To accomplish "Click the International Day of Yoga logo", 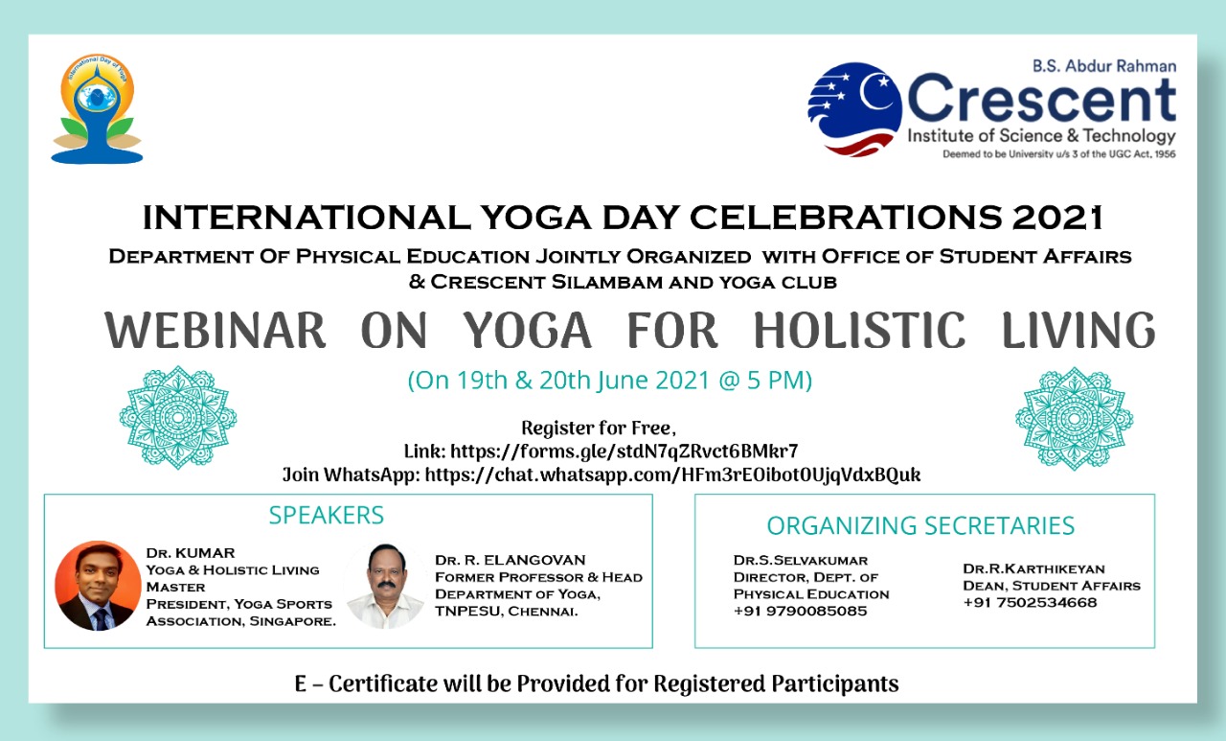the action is (97, 109).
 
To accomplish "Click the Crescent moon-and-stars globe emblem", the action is (854, 109).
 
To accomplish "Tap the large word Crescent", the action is (1041, 99).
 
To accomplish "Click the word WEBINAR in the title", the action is (216, 330).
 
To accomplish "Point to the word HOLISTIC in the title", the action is (859, 330).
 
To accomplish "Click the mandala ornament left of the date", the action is (178, 417).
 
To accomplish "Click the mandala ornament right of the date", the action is (1074, 418).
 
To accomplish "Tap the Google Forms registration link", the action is (624, 452).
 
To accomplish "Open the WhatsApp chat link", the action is (672, 475).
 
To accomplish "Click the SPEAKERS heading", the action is (327, 515).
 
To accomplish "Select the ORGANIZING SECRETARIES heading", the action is (920, 525).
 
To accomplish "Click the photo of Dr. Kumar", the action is (98, 586).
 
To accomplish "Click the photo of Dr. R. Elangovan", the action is (386, 586).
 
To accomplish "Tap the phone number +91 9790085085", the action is (800, 611).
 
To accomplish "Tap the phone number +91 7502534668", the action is (1030, 602).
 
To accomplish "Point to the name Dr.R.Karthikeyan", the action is (1033, 568).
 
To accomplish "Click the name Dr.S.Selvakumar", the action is (801, 560).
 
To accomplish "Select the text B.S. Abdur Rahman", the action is (1104, 66).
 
